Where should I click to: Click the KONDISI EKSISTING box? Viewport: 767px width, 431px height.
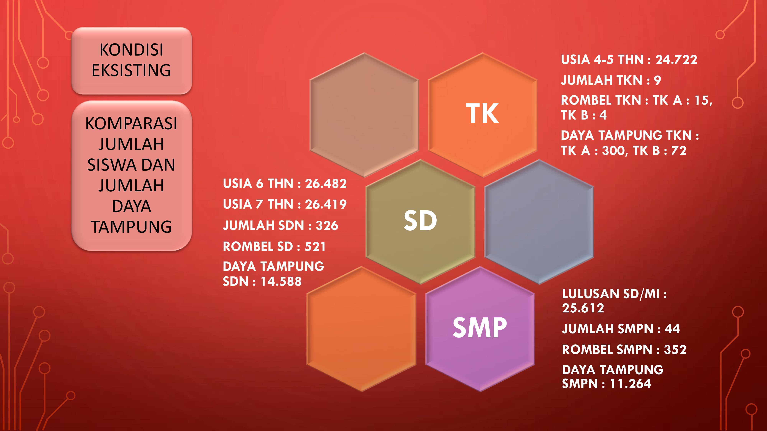pos(132,61)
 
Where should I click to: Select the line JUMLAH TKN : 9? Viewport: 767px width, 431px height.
pos(611,80)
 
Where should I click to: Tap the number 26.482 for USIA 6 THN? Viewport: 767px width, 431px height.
pos(326,184)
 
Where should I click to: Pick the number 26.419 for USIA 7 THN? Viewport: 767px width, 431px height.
pos(326,204)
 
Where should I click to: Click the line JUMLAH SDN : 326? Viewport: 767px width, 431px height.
pos(281,225)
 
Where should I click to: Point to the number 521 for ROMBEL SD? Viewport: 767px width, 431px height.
pos(315,247)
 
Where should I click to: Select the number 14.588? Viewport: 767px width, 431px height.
pos(281,281)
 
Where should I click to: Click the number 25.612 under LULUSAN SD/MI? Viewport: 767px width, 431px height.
pos(583,308)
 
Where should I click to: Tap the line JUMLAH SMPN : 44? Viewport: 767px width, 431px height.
pos(621,329)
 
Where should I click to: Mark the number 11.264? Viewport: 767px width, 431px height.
pos(630,384)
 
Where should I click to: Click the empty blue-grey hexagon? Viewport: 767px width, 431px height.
pos(539,222)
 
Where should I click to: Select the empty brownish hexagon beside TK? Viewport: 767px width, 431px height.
pos(364,115)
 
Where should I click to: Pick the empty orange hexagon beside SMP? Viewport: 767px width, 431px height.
pos(361,329)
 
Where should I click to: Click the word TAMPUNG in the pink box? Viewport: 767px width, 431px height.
pos(131,227)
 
